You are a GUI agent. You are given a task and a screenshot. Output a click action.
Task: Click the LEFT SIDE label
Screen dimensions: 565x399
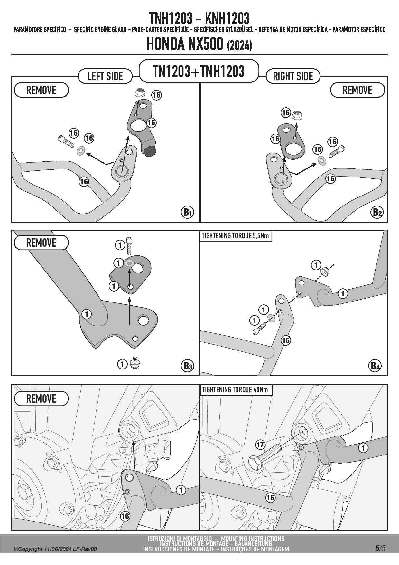pyautogui.click(x=105, y=76)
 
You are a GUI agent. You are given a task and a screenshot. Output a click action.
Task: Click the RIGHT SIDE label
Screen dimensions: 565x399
pyautogui.click(x=293, y=76)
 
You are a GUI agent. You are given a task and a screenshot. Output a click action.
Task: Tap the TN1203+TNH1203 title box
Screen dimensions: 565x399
pyautogui.click(x=199, y=71)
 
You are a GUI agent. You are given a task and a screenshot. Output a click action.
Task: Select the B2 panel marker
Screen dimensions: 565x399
pyautogui.click(x=377, y=212)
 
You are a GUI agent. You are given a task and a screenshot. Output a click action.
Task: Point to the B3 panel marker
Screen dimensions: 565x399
pyautogui.click(x=188, y=366)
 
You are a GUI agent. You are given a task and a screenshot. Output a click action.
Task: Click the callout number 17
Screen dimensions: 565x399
pyautogui.click(x=260, y=445)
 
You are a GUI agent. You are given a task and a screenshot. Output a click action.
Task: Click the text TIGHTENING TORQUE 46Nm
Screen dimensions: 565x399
pyautogui.click(x=235, y=390)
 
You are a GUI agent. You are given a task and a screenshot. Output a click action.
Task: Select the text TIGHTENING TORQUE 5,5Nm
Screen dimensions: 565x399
pyautogui.click(x=235, y=236)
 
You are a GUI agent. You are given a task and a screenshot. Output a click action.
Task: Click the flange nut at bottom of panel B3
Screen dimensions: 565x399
pyautogui.click(x=134, y=365)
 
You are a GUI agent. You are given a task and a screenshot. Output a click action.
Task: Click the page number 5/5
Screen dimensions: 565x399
pyautogui.click(x=380, y=548)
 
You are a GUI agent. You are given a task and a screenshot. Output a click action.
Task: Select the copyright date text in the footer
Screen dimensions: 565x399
pyautogui.click(x=55, y=549)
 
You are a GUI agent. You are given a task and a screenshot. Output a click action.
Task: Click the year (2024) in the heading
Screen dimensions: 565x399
pyautogui.click(x=239, y=45)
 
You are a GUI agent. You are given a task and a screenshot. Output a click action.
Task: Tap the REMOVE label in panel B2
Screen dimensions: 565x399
pyautogui.click(x=357, y=90)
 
